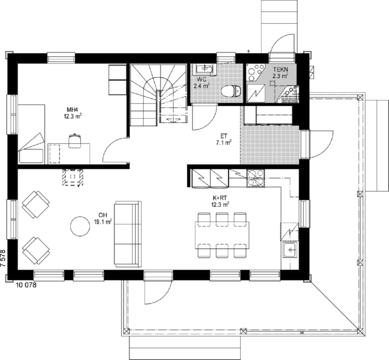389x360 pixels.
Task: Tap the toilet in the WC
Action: click(x=231, y=91)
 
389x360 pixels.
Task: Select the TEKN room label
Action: click(x=280, y=69)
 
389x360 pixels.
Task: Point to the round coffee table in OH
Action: click(x=80, y=226)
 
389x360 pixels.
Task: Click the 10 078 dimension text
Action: click(x=26, y=285)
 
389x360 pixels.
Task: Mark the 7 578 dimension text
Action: click(x=3, y=258)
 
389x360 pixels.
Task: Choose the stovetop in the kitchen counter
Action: click(x=256, y=178)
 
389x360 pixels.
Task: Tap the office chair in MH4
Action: click(x=75, y=141)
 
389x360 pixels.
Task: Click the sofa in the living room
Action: click(x=127, y=234)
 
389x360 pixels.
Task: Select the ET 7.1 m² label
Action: click(x=224, y=139)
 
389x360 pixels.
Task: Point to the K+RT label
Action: click(x=220, y=198)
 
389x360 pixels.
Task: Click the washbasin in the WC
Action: click(x=204, y=69)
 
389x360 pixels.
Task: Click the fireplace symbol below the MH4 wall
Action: click(x=72, y=177)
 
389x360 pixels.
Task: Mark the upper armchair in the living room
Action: click(x=36, y=204)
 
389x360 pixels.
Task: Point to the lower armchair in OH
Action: click(x=36, y=251)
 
